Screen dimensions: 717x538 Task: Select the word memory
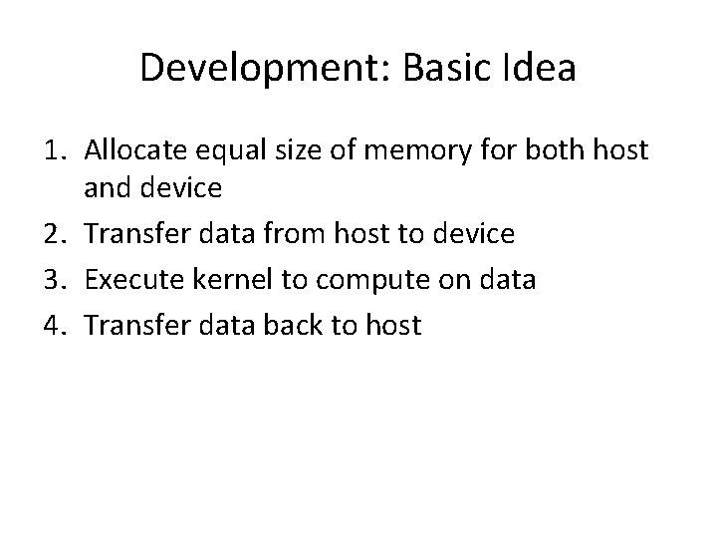click(408, 152)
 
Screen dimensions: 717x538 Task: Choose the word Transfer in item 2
click(130, 235)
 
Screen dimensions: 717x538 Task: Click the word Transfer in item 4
click(130, 325)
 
